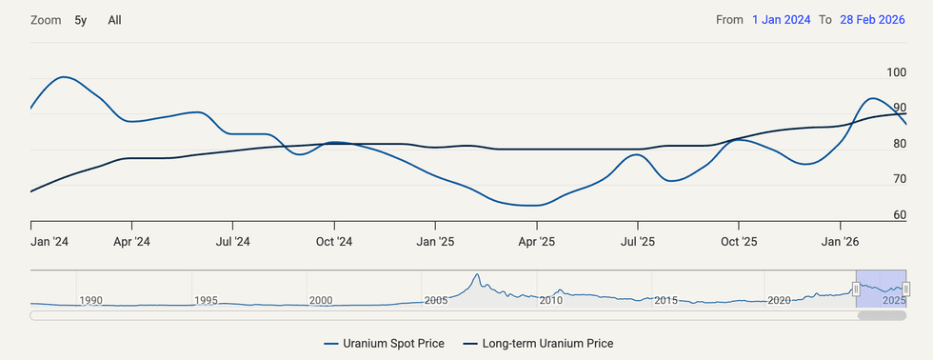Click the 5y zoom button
81,20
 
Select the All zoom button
114,20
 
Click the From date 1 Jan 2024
781,20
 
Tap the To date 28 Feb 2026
873,20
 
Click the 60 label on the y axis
899,215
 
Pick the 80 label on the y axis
899,144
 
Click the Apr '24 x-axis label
131,242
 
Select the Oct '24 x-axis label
334,242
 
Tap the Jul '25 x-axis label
638,242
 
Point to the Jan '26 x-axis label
840,242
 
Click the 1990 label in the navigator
90,300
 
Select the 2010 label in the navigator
551,300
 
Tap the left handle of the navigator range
856,289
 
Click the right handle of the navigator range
906,289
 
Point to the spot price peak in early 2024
64,77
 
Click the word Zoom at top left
45,20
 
